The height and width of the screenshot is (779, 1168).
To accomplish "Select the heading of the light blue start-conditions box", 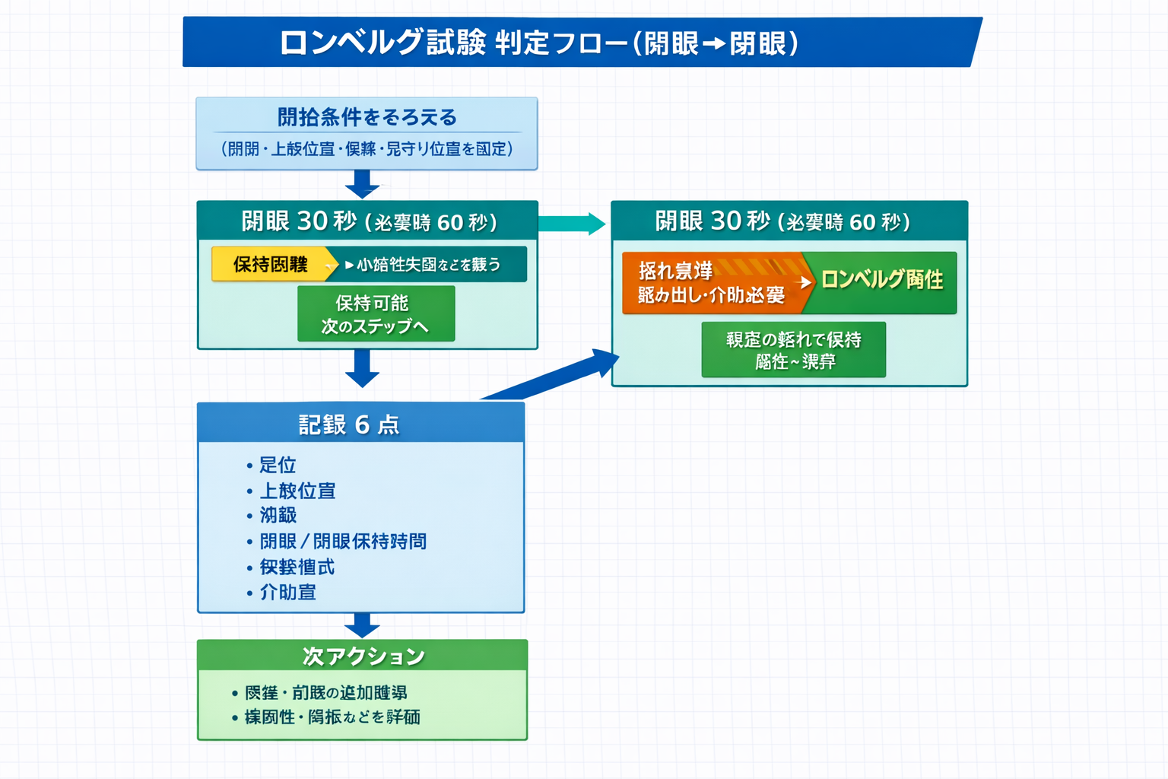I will pos(367,117).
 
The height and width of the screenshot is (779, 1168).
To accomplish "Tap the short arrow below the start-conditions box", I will pos(362,183).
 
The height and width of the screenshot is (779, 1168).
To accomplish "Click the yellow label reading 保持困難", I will pos(270,264).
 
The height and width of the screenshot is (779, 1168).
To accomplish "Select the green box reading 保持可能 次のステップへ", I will pos(376,314).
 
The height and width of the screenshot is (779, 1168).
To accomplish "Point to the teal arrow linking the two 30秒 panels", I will pos(571,224).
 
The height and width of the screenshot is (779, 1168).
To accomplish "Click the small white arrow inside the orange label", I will pos(804,282).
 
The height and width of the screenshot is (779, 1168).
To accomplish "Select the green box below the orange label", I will pos(793,350).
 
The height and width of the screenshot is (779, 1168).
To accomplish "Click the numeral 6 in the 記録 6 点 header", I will pos(362,424).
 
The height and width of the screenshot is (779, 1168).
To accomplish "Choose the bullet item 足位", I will pos(277,465).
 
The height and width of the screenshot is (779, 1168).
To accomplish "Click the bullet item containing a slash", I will pos(342,541).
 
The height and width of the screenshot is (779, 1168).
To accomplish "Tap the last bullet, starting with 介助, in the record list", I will pos(287,592).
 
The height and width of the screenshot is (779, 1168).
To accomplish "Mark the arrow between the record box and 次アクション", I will pos(362,625).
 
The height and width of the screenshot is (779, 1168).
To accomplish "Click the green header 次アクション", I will pos(362,656).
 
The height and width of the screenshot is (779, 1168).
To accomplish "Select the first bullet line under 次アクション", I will pos(325,693).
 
